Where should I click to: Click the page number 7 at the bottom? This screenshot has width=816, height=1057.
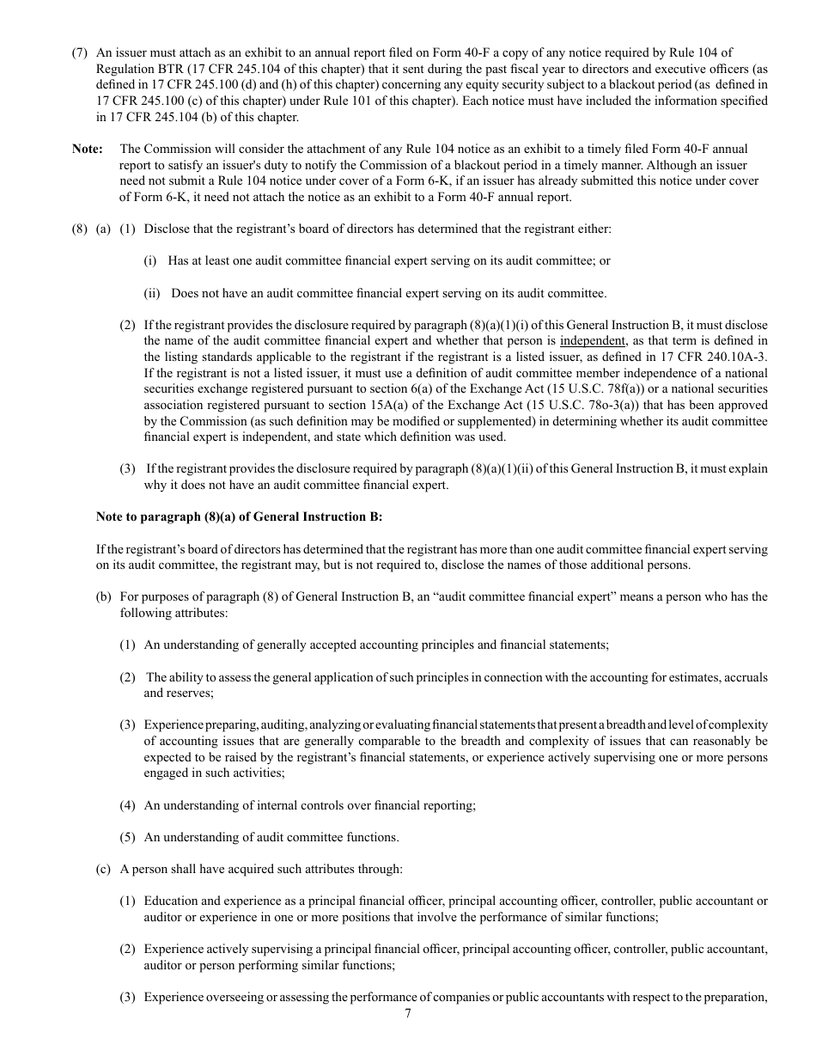[x=408, y=1013]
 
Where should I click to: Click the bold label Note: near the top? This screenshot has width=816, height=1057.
[x=87, y=149]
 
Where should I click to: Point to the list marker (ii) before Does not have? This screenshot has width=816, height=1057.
[x=152, y=293]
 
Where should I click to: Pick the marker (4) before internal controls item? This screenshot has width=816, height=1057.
[x=127, y=805]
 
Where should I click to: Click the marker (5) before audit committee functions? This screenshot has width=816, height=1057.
[x=127, y=837]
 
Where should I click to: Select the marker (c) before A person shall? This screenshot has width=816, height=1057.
[x=103, y=869]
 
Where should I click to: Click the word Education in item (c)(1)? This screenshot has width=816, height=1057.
[x=170, y=901]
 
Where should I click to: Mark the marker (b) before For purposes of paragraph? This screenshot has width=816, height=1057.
[x=103, y=596]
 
